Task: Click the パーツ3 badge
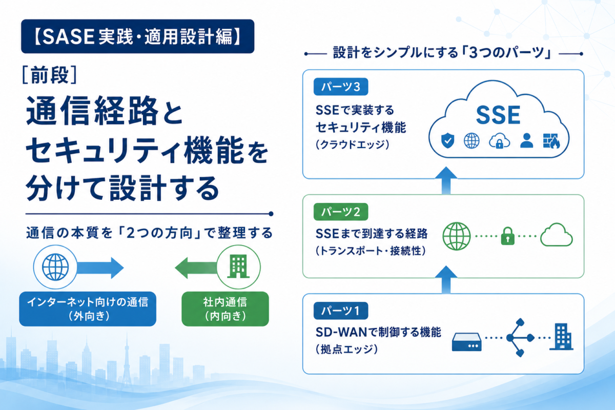click(x=341, y=87)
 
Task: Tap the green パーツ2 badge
click(x=341, y=212)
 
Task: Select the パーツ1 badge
click(x=341, y=311)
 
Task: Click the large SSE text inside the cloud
click(x=498, y=115)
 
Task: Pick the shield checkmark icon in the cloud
click(x=447, y=140)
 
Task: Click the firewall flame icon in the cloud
click(x=551, y=140)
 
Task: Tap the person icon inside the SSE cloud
click(x=527, y=140)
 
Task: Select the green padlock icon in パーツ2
click(x=508, y=236)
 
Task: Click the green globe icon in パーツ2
click(x=457, y=236)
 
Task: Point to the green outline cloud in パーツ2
click(x=556, y=235)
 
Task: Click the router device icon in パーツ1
click(x=467, y=342)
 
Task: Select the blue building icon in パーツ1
click(x=561, y=337)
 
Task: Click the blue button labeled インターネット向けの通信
click(x=88, y=309)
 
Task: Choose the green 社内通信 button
click(x=225, y=309)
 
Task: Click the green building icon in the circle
click(x=238, y=266)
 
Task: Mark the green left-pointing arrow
click(x=196, y=268)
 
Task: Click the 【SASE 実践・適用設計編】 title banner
click(x=137, y=36)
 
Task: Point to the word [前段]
click(x=49, y=75)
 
